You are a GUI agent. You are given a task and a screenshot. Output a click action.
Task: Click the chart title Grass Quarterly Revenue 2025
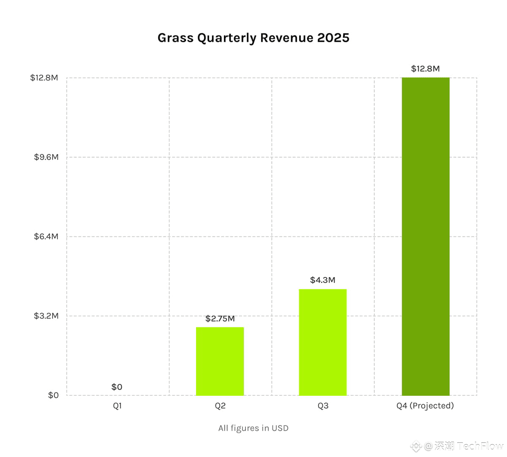click(x=253, y=38)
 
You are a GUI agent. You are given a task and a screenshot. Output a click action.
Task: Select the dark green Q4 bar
click(x=425, y=237)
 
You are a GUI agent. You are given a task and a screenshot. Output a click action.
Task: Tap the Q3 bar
click(x=322, y=342)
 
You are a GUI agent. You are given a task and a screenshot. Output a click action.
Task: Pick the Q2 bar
click(x=220, y=361)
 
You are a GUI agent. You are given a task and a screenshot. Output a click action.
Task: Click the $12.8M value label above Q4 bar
click(x=425, y=69)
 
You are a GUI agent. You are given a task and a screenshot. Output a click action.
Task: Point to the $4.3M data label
click(x=322, y=280)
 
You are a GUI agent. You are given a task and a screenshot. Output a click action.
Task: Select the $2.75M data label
click(x=220, y=318)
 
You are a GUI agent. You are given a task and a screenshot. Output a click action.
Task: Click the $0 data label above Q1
click(x=117, y=387)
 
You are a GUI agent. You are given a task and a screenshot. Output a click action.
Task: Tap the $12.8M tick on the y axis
click(x=44, y=78)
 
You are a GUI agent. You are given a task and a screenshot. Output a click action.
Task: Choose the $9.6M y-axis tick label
click(x=46, y=157)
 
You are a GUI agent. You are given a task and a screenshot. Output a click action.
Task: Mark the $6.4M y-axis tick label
click(x=46, y=237)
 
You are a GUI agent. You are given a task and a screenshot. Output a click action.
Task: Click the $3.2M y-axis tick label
click(x=46, y=316)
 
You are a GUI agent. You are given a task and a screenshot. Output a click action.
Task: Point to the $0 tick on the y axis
click(x=53, y=395)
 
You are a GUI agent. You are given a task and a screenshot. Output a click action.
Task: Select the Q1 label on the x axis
click(x=117, y=406)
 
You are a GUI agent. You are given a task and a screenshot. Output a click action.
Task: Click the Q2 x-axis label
click(x=220, y=406)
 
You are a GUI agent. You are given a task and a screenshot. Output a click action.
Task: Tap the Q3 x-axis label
click(x=323, y=406)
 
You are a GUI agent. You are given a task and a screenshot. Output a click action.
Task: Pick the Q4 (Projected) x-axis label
click(x=425, y=406)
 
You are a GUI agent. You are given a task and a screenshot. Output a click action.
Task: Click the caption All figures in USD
click(x=253, y=428)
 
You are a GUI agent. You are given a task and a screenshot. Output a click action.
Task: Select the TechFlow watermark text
click(x=480, y=446)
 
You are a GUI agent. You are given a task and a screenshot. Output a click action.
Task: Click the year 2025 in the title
click(x=333, y=38)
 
